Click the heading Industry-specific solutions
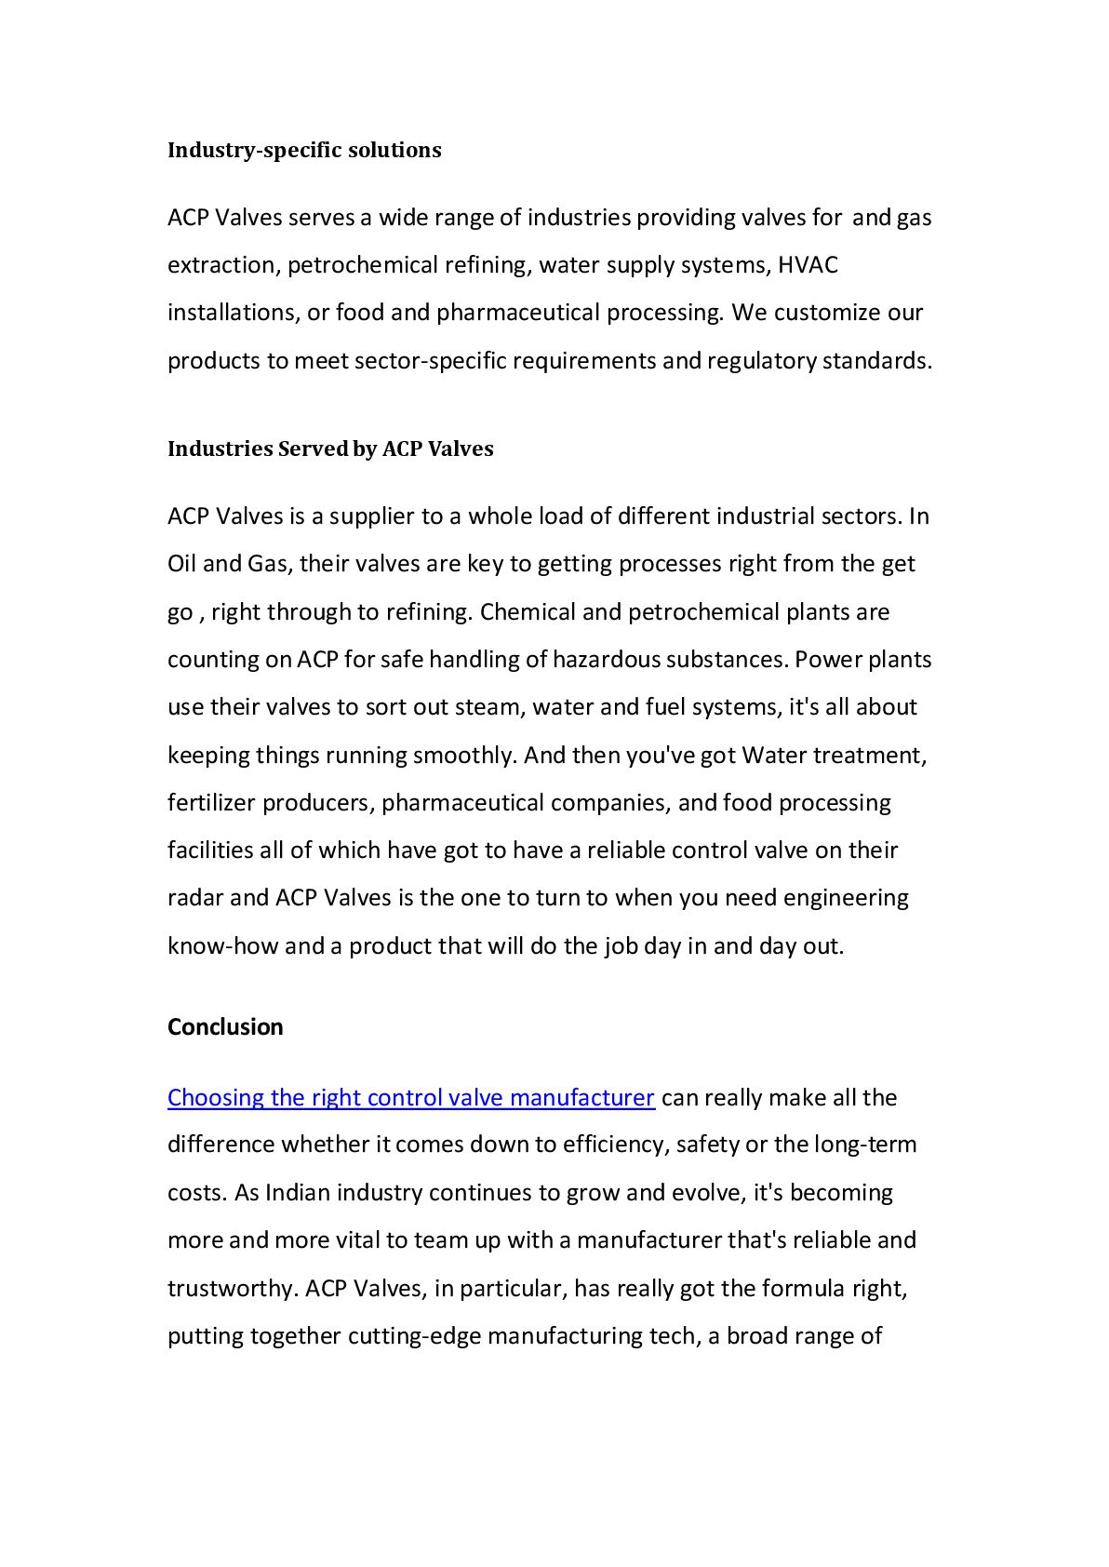[304, 150]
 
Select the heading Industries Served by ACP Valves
[330, 449]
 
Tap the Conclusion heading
[225, 1026]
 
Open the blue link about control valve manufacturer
[410, 1098]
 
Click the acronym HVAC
[808, 265]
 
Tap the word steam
[489, 707]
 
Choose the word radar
[195, 898]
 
